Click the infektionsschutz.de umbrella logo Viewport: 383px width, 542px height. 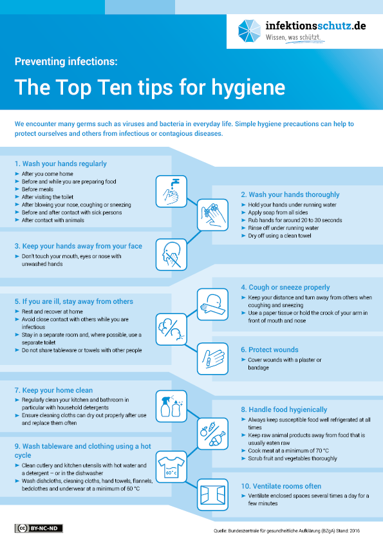(249, 31)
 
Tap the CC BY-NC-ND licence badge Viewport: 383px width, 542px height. (39, 528)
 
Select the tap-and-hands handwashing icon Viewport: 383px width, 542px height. (171, 191)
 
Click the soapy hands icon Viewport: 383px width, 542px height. (212, 214)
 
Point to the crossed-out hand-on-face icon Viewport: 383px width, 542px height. (171, 255)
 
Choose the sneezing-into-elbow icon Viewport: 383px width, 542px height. (212, 304)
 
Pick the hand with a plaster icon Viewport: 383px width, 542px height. (212, 359)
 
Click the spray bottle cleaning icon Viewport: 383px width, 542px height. (171, 407)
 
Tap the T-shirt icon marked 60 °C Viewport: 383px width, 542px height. (171, 467)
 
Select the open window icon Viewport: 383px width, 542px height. (212, 494)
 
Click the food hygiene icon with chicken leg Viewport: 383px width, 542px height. (212, 434)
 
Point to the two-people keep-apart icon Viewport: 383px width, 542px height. (171, 330)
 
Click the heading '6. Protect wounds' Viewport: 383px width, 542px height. (270, 350)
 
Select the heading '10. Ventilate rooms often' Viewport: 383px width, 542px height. (281, 487)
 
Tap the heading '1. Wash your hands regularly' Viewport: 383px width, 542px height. (61, 164)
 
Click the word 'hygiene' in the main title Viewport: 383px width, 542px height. (248, 88)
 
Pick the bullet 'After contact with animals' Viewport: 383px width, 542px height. (53, 220)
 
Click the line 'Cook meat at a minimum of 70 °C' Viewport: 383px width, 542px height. (288, 451)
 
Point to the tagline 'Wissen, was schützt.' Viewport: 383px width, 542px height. (293, 37)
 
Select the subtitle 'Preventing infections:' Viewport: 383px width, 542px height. (66, 62)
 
